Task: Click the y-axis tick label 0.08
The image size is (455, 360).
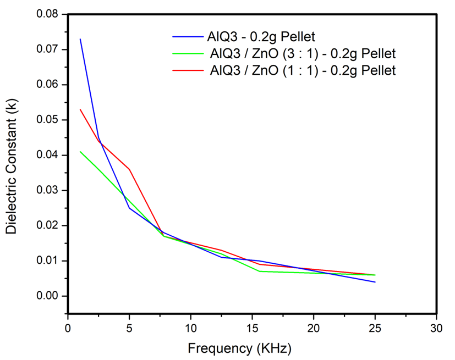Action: pyautogui.click(x=48, y=14)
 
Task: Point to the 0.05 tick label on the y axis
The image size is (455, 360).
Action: pyautogui.click(x=48, y=120)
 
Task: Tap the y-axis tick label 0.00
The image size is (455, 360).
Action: pyautogui.click(x=48, y=296)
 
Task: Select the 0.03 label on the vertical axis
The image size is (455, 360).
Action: pyautogui.click(x=48, y=190)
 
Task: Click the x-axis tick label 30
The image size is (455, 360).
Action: pyautogui.click(x=436, y=328)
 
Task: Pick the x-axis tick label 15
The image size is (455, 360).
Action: pyautogui.click(x=252, y=328)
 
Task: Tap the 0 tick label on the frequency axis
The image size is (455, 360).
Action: pyautogui.click(x=68, y=328)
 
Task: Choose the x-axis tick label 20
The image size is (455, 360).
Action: pyautogui.click(x=314, y=328)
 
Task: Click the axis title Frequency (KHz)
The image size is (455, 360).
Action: pyautogui.click(x=239, y=348)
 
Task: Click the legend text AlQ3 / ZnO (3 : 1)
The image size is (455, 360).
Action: pyautogui.click(x=303, y=54)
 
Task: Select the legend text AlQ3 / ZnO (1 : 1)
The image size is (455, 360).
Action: pyautogui.click(x=303, y=70)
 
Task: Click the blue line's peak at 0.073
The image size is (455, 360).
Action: pyautogui.click(x=80, y=39)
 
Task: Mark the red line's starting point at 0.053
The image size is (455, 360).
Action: pyautogui.click(x=80, y=109)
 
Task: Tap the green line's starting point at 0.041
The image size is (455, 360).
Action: pyautogui.click(x=80, y=152)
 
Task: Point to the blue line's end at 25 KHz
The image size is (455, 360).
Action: pyautogui.click(x=375, y=282)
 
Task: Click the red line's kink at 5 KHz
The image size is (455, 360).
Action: pyautogui.click(x=129, y=169)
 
